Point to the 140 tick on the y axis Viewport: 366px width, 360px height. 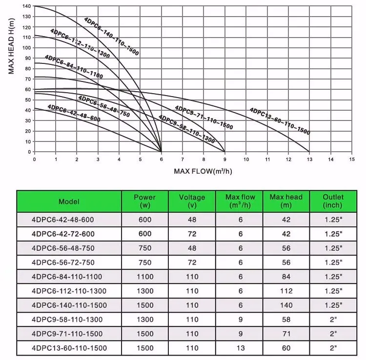coord(26,6)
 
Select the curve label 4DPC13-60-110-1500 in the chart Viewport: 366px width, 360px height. coord(280,121)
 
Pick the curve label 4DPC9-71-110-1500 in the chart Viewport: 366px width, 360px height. coord(203,118)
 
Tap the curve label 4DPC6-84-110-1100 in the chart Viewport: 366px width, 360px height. coord(74,67)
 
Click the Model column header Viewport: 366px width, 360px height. coord(69,201)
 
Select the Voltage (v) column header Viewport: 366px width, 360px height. coord(192,201)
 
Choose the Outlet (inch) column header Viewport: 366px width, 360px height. coord(333,201)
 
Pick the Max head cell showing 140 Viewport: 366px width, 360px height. coord(286,305)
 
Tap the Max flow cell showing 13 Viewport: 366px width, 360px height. coord(240,348)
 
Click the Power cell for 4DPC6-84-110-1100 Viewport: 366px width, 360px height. coord(144,277)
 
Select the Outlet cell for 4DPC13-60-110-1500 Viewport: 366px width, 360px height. coord(333,348)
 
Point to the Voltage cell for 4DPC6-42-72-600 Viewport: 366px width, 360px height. coord(192,234)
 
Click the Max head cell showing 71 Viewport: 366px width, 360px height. coord(286,334)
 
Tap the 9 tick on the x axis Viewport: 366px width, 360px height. coord(225,160)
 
